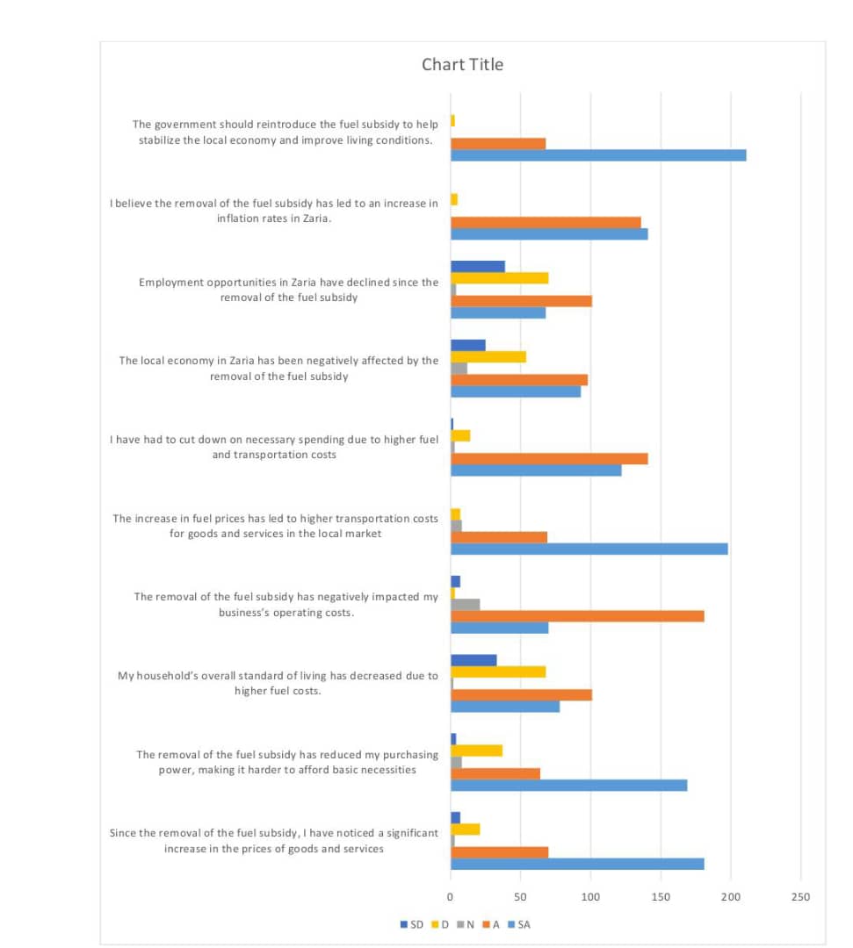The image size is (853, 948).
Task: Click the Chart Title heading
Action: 462,65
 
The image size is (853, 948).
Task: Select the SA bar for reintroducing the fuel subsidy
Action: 597,155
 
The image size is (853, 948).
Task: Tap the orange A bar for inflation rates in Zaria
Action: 546,222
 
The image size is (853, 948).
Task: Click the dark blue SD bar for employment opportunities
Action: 477,266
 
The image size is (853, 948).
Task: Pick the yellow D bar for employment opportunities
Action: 499,278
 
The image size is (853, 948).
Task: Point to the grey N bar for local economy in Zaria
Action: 459,369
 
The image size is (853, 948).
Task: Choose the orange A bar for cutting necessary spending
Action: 549,458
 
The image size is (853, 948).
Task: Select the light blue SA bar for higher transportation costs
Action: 589,549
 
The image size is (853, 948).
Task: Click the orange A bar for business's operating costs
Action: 577,616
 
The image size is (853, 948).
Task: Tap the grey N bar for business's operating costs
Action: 465,604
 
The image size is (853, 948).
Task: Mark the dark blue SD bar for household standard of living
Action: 473,660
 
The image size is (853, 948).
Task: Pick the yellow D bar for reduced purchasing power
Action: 476,750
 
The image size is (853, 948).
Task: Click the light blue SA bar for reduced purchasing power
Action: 568,785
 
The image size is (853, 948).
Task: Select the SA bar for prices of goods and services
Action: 577,864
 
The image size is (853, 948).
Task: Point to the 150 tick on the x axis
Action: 661,897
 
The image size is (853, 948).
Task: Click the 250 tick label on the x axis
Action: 800,897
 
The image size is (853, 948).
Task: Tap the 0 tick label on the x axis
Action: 451,897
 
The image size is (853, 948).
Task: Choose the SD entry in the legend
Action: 412,924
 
